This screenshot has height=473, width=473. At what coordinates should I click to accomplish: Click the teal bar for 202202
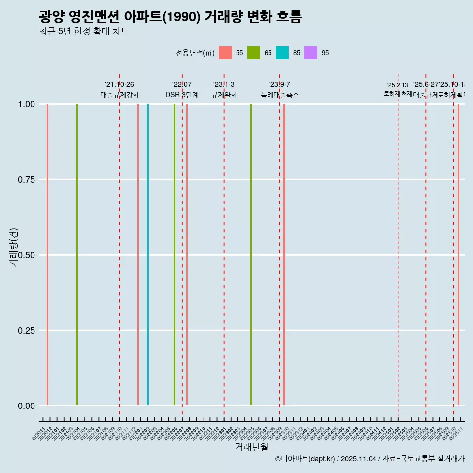[148, 255]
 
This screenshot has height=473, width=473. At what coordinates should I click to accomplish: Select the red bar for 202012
[47, 255]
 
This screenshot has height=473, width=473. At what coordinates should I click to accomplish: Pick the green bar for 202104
[77, 255]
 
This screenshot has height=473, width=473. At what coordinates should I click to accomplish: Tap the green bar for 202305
[251, 255]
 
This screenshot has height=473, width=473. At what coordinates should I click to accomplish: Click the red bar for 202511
[458, 255]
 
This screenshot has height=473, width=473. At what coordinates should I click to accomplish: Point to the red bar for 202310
[284, 255]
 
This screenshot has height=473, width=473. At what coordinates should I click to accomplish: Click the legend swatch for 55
[225, 53]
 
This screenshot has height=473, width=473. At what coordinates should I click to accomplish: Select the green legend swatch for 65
[254, 53]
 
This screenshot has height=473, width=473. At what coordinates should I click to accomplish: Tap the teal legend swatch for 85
[282, 53]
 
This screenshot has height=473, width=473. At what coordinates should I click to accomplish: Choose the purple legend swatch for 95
[311, 53]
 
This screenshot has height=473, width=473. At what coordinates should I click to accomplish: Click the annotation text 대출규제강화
[120, 95]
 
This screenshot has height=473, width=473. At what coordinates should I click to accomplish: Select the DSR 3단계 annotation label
[182, 95]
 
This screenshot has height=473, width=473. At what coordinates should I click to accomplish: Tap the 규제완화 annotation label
[224, 95]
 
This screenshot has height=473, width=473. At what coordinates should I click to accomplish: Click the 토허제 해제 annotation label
[398, 94]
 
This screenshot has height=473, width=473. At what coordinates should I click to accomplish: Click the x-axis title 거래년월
[251, 447]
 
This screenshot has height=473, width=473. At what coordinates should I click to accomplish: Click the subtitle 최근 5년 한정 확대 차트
[84, 32]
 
